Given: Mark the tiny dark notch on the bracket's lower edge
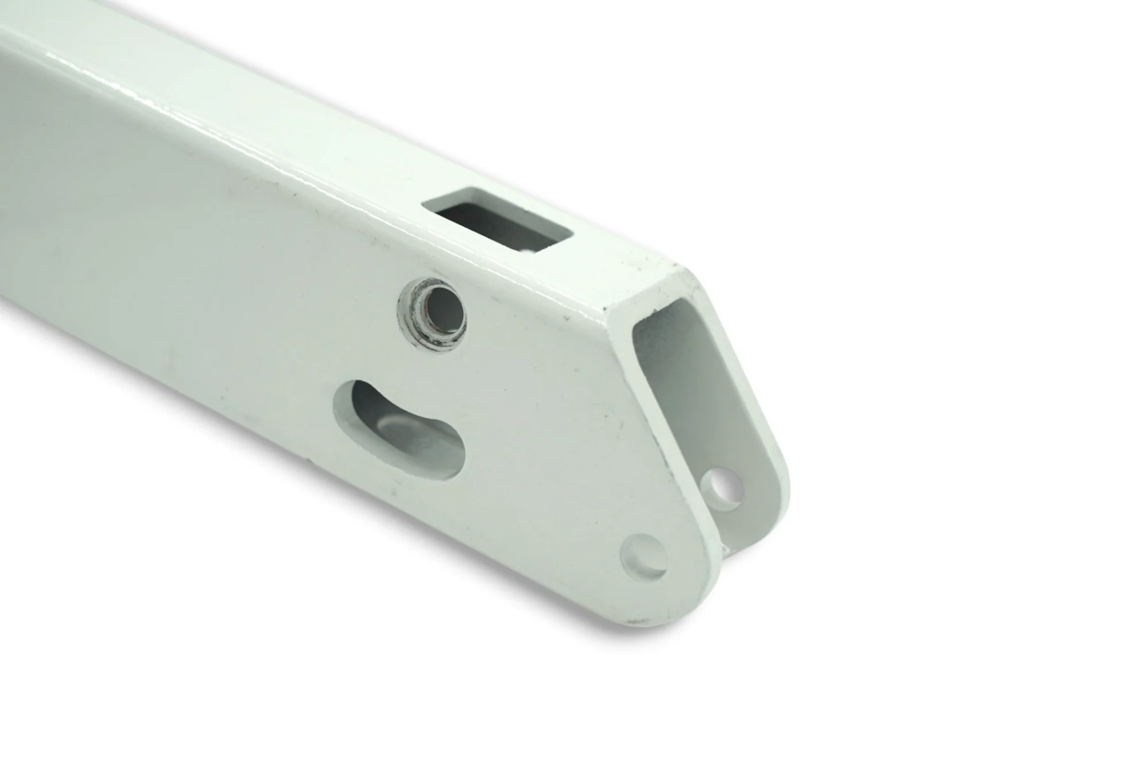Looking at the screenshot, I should tap(310, 459).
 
